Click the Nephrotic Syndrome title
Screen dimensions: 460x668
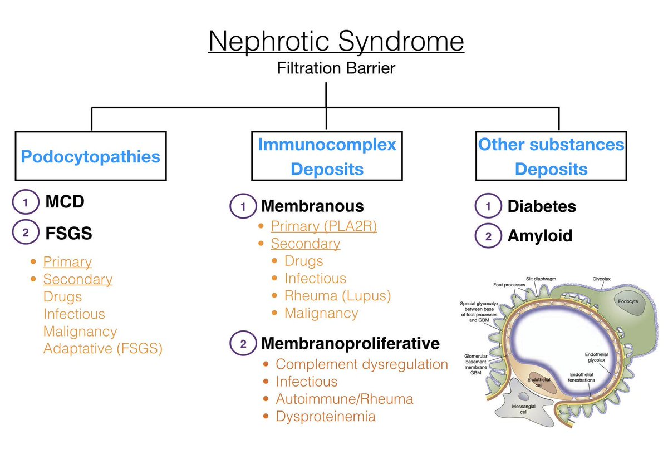point(336,42)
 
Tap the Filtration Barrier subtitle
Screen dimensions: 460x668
point(336,68)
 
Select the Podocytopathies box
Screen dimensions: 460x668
point(91,156)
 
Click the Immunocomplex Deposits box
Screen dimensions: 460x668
point(327,156)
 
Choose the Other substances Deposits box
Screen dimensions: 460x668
point(551,156)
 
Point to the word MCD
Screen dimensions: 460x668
point(65,201)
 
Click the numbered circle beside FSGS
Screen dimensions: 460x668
point(24,234)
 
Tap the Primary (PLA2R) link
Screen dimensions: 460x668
point(323,227)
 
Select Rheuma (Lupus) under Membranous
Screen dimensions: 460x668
point(337,295)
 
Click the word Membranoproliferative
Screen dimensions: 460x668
point(350,343)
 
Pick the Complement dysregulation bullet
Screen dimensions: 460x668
point(362,364)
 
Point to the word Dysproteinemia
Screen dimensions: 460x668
point(326,416)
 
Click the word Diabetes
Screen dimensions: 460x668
point(541,207)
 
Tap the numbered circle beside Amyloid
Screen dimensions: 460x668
point(488,236)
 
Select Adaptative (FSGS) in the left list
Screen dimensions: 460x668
point(103,349)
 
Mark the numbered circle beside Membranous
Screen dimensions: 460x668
point(243,207)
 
